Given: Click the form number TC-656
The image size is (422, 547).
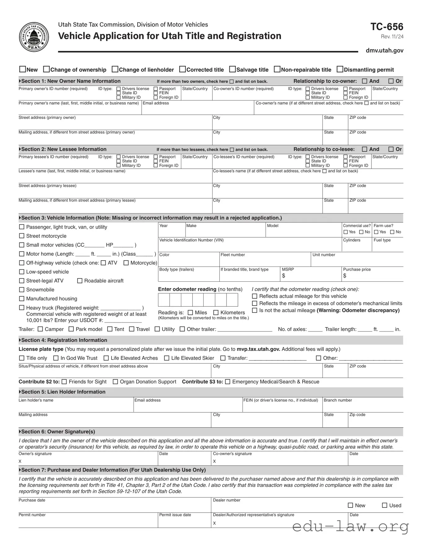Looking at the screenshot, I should [x=387, y=27].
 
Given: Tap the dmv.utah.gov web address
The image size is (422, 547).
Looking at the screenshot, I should [x=385, y=50].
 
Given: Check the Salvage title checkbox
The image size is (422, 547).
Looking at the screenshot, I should [x=232, y=69].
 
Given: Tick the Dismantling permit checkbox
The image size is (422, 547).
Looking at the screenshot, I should [x=340, y=69].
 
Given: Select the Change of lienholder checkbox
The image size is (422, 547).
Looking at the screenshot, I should [x=115, y=69].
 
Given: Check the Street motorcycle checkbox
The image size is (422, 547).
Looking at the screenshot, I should [x=22, y=236].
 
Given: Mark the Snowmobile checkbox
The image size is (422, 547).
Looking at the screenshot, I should [x=22, y=289].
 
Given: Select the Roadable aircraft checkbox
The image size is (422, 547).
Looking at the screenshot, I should [x=80, y=281].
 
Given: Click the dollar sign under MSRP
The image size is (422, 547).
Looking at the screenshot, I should [x=284, y=276].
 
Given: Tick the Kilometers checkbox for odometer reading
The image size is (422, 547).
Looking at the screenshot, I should [x=216, y=312].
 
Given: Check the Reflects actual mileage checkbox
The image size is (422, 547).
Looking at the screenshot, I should [x=255, y=296].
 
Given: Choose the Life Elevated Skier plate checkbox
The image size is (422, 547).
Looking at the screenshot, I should [x=167, y=358].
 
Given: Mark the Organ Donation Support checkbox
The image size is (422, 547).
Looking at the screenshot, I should [x=115, y=382].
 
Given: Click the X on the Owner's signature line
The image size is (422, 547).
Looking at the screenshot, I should [x=20, y=461].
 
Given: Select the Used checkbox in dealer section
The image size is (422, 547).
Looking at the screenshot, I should [x=385, y=505].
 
